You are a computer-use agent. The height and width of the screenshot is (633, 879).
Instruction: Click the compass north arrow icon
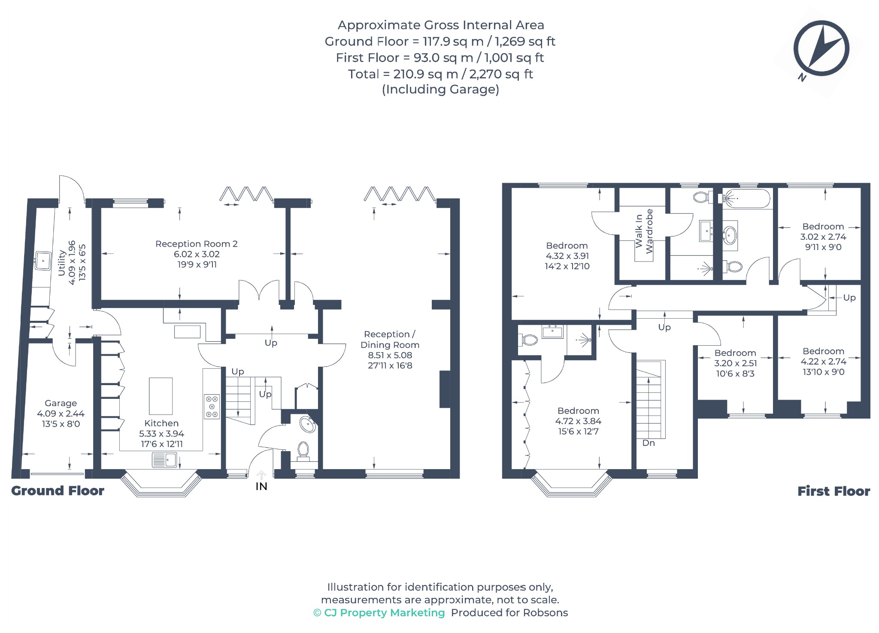(x=821, y=49)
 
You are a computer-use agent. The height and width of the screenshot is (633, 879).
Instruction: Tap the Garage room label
(x=61, y=403)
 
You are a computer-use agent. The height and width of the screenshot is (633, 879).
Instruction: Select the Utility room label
(x=62, y=262)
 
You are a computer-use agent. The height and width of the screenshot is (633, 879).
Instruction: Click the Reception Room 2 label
(x=197, y=244)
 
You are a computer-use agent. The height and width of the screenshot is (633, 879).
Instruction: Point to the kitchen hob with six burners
(x=212, y=406)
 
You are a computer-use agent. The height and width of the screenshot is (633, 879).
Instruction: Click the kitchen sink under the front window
(x=164, y=460)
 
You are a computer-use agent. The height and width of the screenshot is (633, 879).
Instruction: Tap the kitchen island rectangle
(x=161, y=396)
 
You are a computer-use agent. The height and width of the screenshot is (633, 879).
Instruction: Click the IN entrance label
(x=261, y=486)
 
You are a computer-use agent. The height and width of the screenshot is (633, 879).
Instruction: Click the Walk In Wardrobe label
(x=644, y=231)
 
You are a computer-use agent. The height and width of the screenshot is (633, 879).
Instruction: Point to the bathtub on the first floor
(x=746, y=199)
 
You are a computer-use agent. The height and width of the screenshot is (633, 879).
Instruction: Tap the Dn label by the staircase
(x=649, y=443)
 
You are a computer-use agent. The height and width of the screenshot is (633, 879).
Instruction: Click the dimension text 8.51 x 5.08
(x=390, y=355)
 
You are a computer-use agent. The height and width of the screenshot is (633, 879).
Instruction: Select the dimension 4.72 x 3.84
(x=578, y=421)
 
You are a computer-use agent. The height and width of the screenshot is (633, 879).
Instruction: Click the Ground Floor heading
(x=58, y=491)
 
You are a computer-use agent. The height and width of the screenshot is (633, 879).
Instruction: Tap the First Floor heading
(x=834, y=491)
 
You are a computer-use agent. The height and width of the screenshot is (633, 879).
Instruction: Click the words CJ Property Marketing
(x=385, y=612)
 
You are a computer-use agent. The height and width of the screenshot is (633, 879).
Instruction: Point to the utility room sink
(x=43, y=261)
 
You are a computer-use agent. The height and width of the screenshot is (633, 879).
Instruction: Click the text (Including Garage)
(x=440, y=89)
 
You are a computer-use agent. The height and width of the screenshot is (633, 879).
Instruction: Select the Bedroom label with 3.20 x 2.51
(x=735, y=353)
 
